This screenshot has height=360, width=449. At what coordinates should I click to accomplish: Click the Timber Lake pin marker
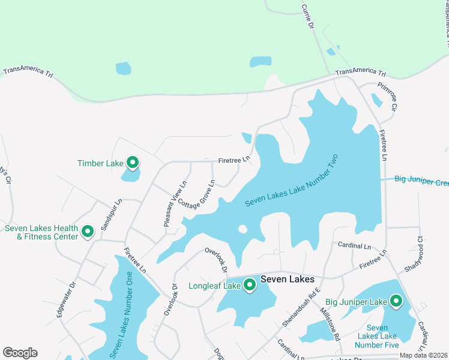click(x=132, y=163)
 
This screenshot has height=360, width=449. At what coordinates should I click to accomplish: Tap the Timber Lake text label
click(x=100, y=163)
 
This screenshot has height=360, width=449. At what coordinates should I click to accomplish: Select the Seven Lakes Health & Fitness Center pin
click(x=88, y=232)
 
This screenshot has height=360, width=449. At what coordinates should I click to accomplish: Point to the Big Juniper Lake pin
click(x=396, y=301)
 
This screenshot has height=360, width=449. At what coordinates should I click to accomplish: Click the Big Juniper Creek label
click(x=421, y=180)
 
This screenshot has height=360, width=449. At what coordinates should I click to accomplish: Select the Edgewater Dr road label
click(x=65, y=299)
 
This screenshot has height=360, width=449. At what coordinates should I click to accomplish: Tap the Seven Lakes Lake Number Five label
click(x=376, y=336)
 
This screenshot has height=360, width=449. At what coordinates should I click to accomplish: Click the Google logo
click(x=20, y=352)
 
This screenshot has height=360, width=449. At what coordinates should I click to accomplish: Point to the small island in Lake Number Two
click(x=243, y=229)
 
